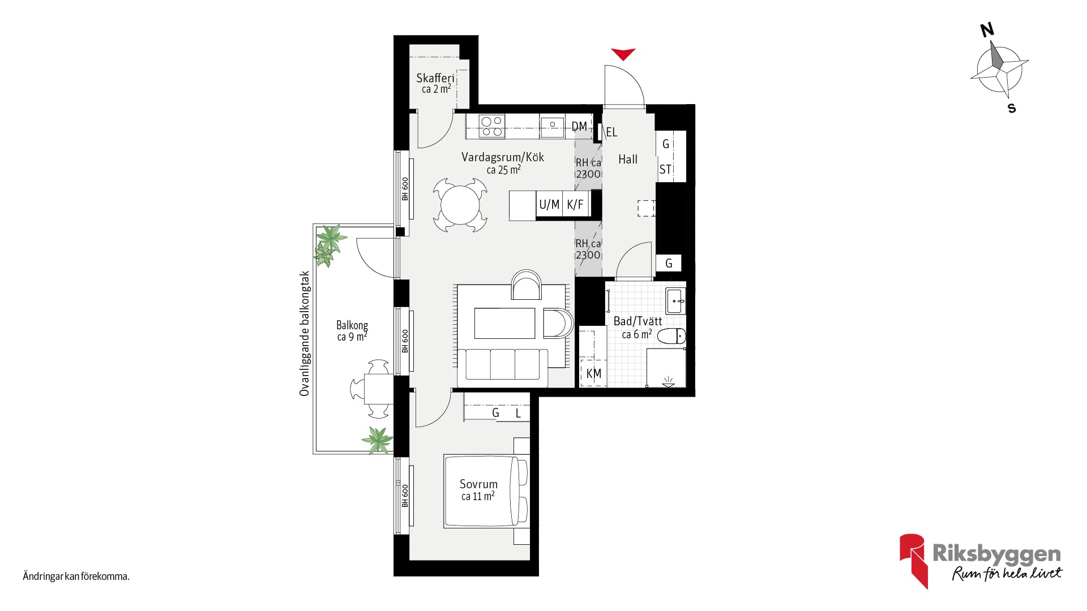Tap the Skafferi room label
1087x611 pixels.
click(435, 78)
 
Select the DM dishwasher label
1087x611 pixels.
click(579, 127)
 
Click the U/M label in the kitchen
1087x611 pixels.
click(549, 205)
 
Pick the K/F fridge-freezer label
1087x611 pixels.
click(575, 205)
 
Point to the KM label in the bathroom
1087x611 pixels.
click(594, 373)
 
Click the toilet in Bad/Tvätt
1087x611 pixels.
click(671, 336)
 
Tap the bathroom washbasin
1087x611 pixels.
click(675, 301)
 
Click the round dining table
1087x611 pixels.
click(460, 205)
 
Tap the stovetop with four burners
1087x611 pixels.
click(491, 126)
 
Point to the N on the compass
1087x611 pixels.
click(987, 30)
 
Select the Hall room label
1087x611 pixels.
click(628, 160)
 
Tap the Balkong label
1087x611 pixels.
click(352, 325)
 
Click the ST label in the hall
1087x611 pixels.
click(665, 169)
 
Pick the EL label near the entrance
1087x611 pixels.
click(611, 132)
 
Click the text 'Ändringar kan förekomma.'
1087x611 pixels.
click(76, 577)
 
